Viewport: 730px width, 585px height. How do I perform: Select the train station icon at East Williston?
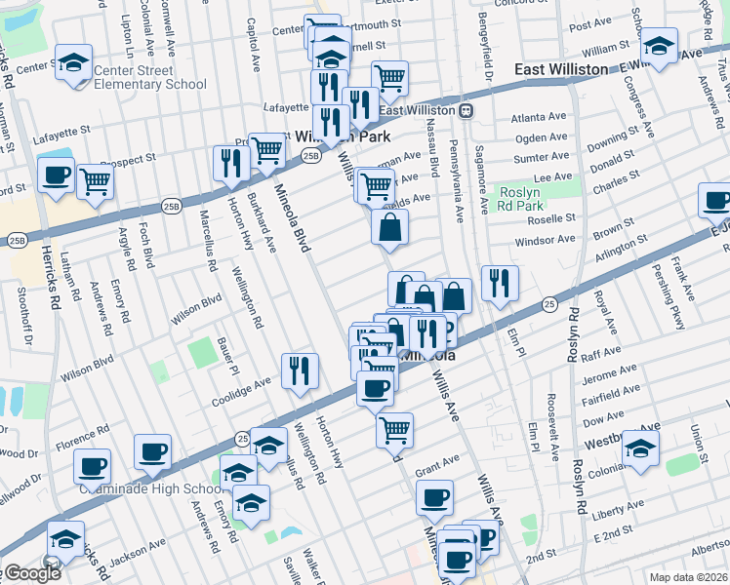click(x=467, y=110)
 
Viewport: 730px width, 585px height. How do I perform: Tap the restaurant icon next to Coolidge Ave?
click(x=300, y=370)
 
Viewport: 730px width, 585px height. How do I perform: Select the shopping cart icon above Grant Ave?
click(x=394, y=429)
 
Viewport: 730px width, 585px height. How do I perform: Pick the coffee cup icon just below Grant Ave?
click(x=434, y=497)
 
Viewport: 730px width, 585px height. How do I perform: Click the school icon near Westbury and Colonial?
click(x=641, y=448)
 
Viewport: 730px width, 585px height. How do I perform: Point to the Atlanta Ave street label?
click(x=539, y=117)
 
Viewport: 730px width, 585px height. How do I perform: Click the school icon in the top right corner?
click(x=660, y=46)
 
